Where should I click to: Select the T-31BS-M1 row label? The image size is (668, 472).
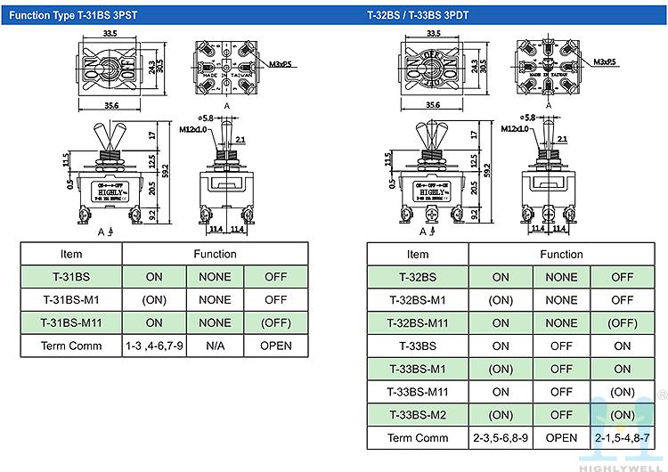70,300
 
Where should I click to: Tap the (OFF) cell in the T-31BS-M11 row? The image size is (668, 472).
275,322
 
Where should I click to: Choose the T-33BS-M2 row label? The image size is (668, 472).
417,415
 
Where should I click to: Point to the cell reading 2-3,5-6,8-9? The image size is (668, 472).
501,438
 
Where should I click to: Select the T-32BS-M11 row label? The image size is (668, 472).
417,322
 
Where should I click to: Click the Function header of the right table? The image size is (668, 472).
561,254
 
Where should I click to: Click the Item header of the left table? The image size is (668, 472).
70,254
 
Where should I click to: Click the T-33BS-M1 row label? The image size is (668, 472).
417,369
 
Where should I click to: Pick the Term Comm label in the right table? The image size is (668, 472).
417,438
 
